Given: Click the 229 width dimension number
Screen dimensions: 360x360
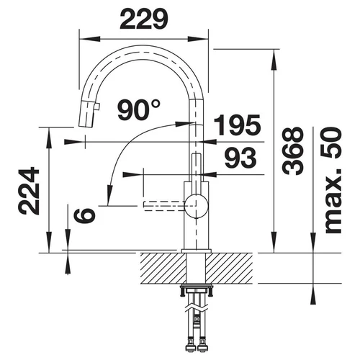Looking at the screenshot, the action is tap(144, 19).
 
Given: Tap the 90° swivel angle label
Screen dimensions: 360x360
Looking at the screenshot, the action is tap(139, 109).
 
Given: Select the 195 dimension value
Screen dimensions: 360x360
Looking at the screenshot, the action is tap(237, 125).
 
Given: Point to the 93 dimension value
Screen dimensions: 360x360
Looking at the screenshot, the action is tap(240, 158).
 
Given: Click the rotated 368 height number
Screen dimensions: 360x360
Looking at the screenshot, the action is tap(292, 150).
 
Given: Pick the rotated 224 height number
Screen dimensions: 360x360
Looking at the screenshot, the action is tap(29, 191).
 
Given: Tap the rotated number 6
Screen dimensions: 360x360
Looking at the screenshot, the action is tap(84, 215).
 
